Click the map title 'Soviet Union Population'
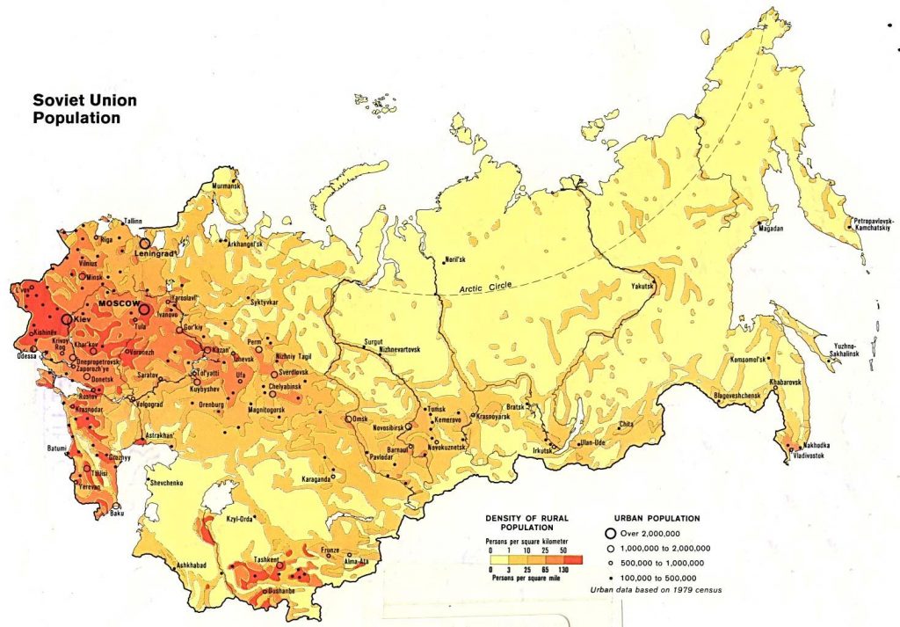(78, 109)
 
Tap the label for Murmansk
(224, 186)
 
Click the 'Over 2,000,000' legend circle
(609, 533)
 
